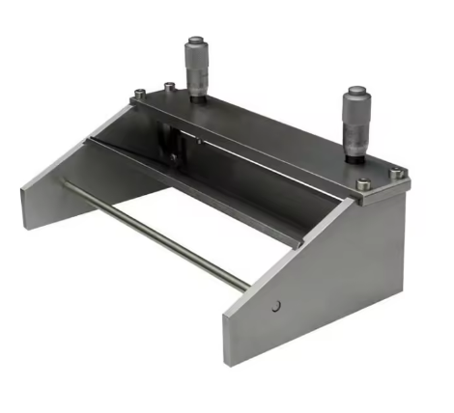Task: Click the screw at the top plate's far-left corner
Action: click(x=141, y=94)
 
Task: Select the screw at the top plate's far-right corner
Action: click(x=395, y=173)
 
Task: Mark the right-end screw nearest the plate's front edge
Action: click(x=362, y=184)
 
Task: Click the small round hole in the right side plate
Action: click(x=276, y=306)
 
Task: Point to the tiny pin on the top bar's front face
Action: click(x=199, y=141)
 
